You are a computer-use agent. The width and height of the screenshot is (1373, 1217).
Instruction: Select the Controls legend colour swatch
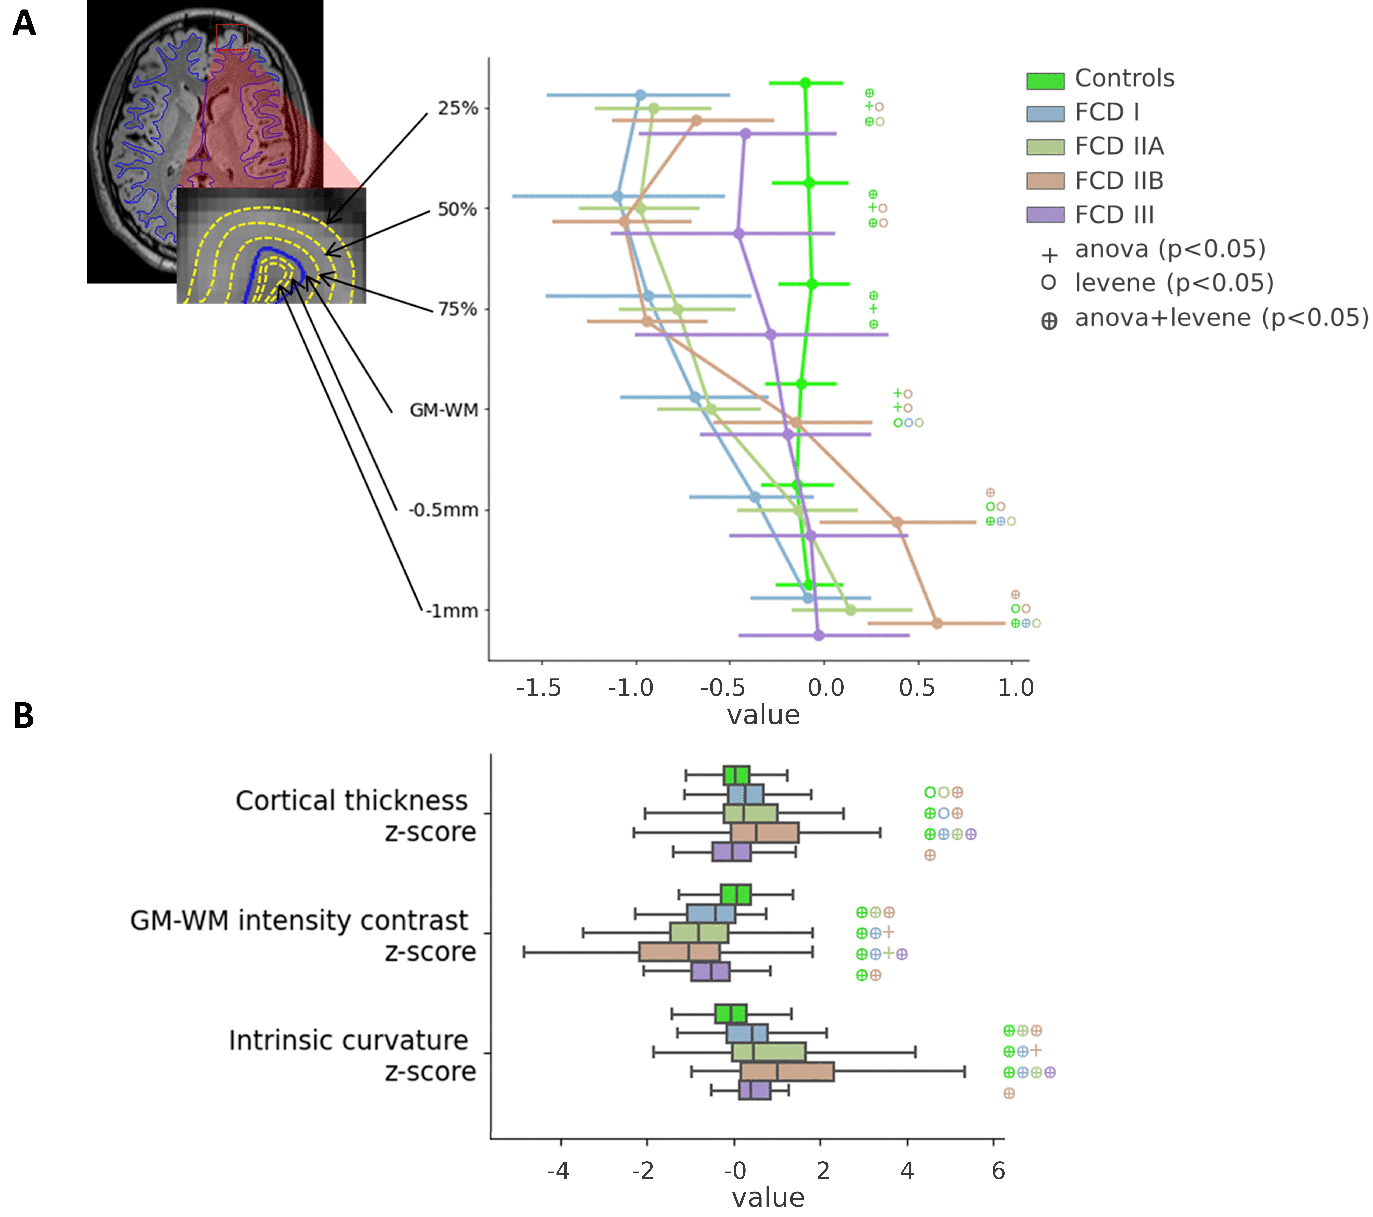tap(1045, 81)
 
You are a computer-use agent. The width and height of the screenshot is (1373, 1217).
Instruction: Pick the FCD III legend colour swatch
tap(1045, 215)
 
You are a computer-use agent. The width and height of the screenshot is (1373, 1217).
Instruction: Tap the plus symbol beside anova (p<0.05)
tap(1049, 255)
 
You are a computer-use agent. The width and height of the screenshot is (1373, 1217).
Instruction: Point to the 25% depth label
tap(458, 108)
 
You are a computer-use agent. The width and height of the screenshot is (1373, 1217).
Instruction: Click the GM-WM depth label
tap(444, 410)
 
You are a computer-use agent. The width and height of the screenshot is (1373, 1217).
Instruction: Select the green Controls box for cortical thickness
tap(736, 775)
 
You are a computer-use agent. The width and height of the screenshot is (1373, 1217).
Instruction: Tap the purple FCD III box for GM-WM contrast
tap(710, 972)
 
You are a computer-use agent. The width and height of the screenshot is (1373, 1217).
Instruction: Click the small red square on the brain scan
tap(232, 38)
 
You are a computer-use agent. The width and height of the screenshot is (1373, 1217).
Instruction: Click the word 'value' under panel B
tap(768, 1197)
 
